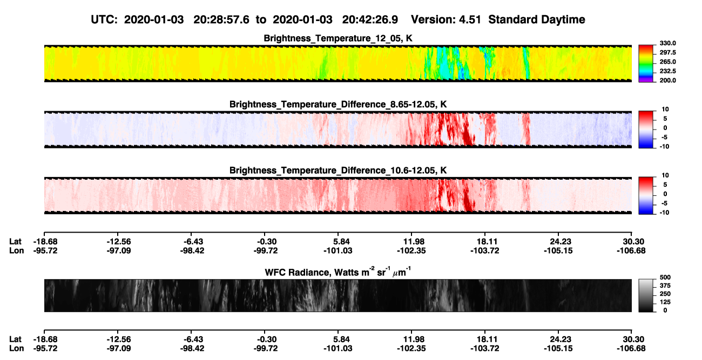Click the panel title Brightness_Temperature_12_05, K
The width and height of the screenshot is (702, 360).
[x=338, y=38]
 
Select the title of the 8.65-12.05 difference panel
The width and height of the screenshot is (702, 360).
[x=338, y=104]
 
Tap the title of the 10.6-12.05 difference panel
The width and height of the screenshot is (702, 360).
[x=338, y=171]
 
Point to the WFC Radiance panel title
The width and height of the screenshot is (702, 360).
[x=338, y=271]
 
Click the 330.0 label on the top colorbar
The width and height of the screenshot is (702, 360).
[x=667, y=43]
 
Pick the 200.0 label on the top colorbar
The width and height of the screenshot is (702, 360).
[x=667, y=80]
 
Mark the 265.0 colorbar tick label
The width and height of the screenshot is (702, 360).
[x=667, y=62]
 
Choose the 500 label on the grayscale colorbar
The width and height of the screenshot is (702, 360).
[x=665, y=277]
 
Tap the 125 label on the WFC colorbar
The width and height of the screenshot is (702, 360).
[x=665, y=302]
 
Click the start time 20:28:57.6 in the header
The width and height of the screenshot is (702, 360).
[x=221, y=20]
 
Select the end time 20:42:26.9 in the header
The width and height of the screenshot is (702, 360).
[x=370, y=20]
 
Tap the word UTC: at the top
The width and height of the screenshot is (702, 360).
[x=104, y=20]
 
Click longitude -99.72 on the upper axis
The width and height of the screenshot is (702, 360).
[x=266, y=250]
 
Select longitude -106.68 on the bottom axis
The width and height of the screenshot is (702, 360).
[x=631, y=349]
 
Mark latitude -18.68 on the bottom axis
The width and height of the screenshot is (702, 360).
[x=45, y=339]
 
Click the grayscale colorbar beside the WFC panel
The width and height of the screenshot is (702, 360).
[x=646, y=295]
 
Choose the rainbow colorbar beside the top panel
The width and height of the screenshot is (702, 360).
[x=646, y=64]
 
